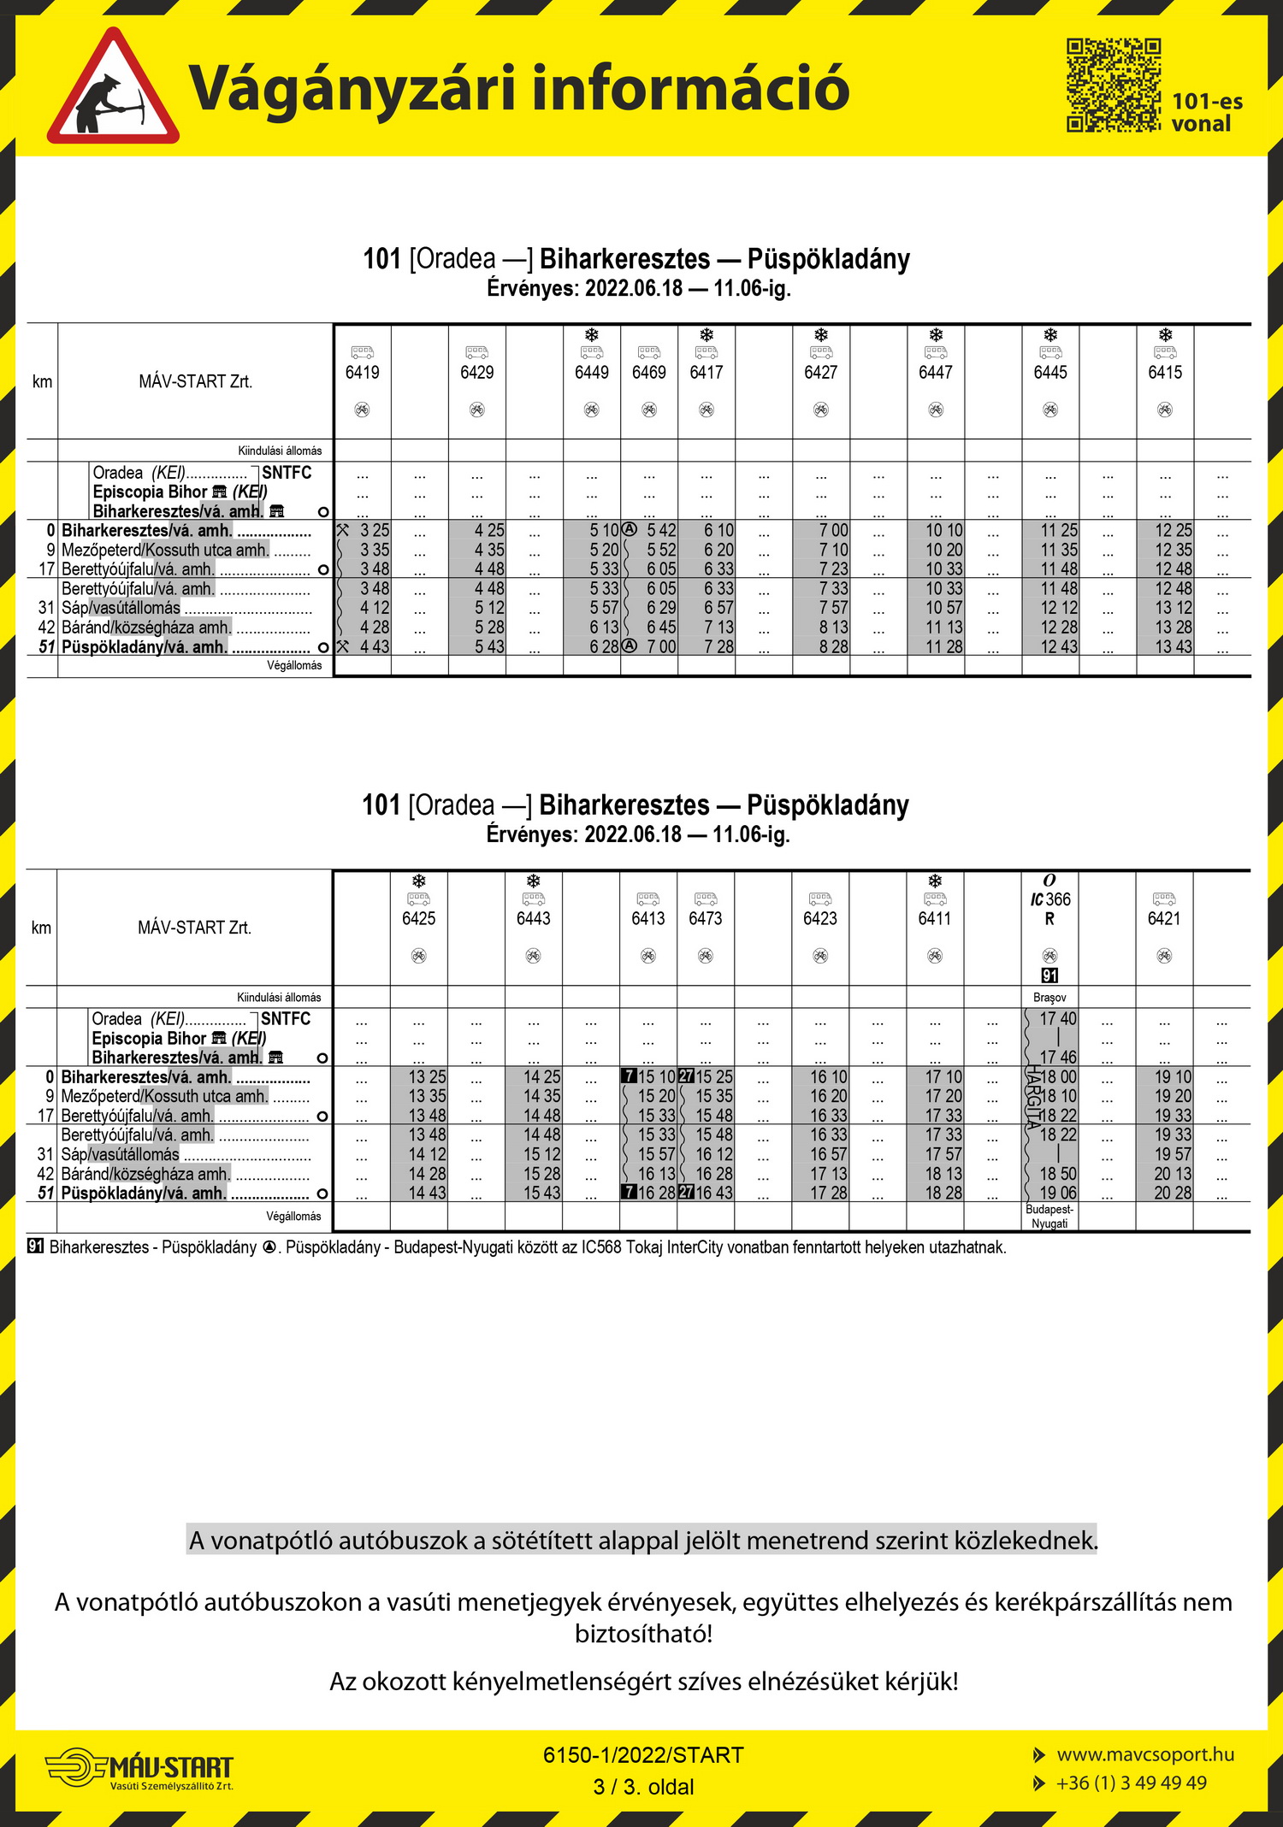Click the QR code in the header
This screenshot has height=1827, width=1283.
(1113, 85)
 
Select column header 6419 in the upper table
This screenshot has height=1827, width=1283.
(363, 372)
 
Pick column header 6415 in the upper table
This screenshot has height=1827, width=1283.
(1165, 372)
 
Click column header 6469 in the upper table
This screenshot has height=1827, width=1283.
(649, 372)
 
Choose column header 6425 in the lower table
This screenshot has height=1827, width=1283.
(419, 918)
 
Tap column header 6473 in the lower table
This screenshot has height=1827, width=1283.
(706, 918)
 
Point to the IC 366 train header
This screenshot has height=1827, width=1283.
(1049, 899)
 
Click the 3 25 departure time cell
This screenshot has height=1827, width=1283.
(375, 530)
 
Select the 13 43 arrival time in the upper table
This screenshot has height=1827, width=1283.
(1174, 647)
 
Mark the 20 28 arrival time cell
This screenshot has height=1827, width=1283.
(1173, 1193)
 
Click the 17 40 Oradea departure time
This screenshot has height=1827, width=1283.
(1058, 1019)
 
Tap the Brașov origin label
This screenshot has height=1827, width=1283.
(1049, 998)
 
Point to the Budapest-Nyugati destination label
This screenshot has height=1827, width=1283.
(1049, 1217)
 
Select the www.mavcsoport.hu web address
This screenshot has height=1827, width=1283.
(1145, 1754)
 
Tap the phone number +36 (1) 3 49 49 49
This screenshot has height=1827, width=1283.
(1131, 1783)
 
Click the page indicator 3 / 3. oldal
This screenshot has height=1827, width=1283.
(643, 1787)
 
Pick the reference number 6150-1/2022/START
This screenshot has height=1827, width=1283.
(643, 1755)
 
